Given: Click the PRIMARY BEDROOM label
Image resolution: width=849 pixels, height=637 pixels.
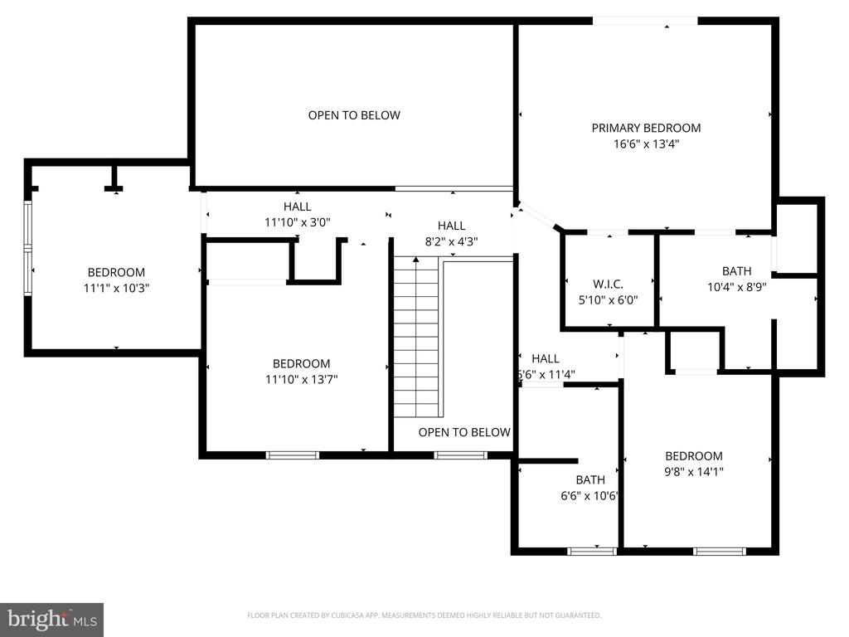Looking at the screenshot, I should (646, 128).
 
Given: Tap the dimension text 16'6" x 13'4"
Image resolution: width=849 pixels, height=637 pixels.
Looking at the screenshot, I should (646, 143).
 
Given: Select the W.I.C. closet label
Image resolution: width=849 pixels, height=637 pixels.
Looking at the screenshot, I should (608, 284).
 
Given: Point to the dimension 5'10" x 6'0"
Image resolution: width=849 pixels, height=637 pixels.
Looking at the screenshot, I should (608, 300).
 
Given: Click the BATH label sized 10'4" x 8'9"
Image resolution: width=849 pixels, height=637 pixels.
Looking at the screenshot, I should (736, 270).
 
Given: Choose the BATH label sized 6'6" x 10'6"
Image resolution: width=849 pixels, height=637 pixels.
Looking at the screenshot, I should (590, 479).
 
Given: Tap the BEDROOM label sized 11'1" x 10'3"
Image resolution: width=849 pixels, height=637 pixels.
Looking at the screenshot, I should (116, 272).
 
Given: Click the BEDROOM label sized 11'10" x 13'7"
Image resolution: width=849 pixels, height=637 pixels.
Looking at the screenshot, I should (301, 363).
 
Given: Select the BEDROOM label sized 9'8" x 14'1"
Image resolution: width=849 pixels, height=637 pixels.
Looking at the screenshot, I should (694, 455).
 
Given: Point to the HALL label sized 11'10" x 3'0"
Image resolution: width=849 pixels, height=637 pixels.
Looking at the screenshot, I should (297, 207).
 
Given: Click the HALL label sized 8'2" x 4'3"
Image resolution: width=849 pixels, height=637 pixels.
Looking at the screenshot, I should (451, 226).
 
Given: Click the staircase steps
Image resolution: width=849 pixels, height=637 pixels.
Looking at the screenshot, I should (415, 336).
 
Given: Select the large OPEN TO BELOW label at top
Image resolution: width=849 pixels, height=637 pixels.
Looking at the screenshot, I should (354, 115).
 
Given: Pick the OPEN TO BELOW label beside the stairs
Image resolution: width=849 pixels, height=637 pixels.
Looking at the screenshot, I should (464, 432).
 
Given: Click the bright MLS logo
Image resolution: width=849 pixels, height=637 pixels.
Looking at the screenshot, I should (51, 619).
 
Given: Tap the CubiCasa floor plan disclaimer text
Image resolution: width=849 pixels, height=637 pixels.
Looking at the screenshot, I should (424, 615).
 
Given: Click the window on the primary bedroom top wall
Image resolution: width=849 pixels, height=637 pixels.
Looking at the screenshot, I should (644, 20).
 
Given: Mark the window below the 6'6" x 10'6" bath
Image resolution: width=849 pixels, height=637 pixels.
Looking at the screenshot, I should (592, 550).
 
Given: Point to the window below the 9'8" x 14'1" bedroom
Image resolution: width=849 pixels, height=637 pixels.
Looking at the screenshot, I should (719, 550).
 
